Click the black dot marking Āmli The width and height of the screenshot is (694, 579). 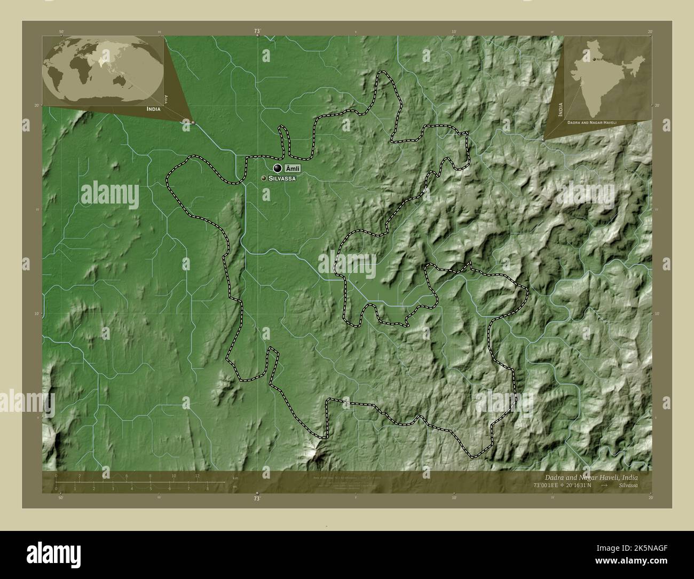(277, 168)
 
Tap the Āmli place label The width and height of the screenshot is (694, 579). (293, 169)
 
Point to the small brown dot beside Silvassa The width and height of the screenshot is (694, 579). (264, 178)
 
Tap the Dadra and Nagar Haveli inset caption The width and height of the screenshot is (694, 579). (592, 122)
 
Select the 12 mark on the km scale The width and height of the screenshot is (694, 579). (198, 476)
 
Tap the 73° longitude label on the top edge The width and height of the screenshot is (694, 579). (257, 32)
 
